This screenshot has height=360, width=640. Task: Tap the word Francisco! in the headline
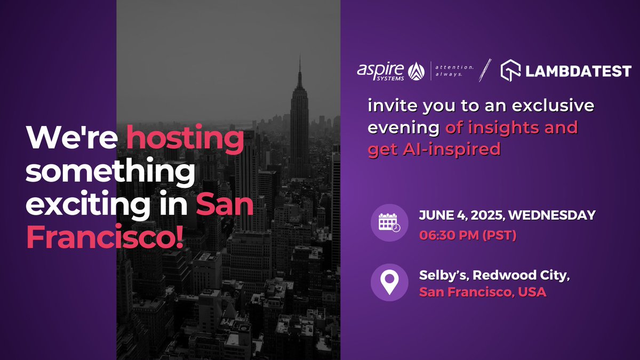[x=105, y=236]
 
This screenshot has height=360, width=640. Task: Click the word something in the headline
[x=110, y=172]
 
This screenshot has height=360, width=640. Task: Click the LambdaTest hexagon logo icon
[x=511, y=70]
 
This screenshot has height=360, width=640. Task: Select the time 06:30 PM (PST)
[x=467, y=235]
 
